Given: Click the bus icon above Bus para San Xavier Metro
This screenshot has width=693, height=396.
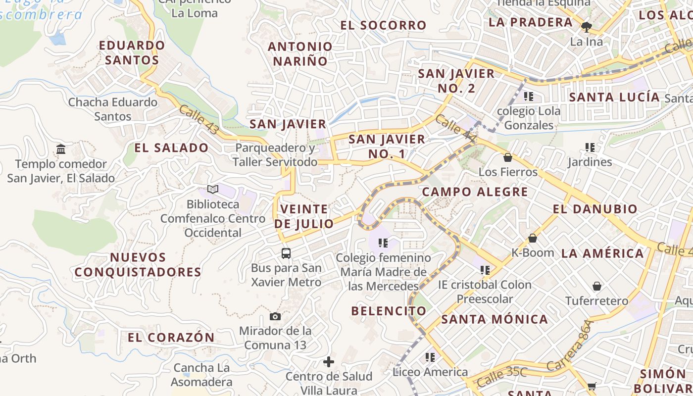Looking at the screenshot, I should pos(286,253).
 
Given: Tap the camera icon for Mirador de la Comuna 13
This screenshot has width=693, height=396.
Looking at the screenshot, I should pos(275,316).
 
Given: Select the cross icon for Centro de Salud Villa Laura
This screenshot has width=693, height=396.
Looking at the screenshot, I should pos(329,362).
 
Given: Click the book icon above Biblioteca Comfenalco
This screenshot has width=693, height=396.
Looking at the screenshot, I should pos(213,189).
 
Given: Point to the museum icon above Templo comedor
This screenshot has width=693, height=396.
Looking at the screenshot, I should pos(61,149).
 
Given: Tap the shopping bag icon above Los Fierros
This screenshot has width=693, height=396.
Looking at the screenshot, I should pos(507,157).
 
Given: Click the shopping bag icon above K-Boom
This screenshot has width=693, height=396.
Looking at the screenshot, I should pos(533,238).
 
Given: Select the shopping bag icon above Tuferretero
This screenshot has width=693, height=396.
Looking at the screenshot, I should pos(597,286).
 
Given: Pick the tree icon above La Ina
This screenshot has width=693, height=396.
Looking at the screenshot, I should pos(587,27).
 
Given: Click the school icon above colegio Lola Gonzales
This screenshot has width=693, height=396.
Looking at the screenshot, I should pos(529,96).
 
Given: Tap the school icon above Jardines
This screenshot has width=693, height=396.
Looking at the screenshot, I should pos(590,147).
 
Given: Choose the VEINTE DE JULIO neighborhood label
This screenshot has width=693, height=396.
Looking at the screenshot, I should pos(304,216).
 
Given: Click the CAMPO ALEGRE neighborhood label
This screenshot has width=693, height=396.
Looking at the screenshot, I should pos(475,192).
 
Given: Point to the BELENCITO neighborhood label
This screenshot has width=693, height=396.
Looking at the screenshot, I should pos(389,311).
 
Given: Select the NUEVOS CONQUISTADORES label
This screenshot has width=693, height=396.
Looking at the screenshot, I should pos(138,264).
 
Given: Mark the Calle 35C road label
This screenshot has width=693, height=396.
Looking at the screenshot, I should pos(502,377).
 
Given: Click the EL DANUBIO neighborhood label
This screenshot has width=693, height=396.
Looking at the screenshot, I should pos(595,209).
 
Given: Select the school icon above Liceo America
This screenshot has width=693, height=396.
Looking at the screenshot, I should pos(430,357).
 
